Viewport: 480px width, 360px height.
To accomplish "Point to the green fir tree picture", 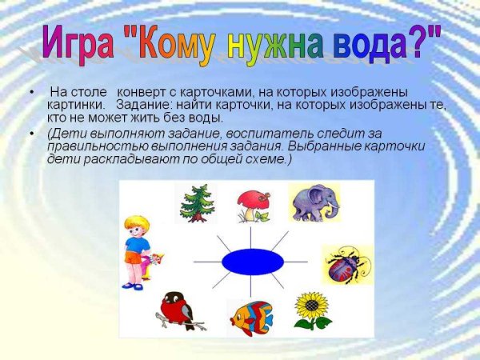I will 194,203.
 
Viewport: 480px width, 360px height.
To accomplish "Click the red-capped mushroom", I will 254,206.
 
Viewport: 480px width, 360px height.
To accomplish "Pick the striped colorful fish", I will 250,316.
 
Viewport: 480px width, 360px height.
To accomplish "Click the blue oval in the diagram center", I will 251,261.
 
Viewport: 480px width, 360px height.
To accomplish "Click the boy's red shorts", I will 133,258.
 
